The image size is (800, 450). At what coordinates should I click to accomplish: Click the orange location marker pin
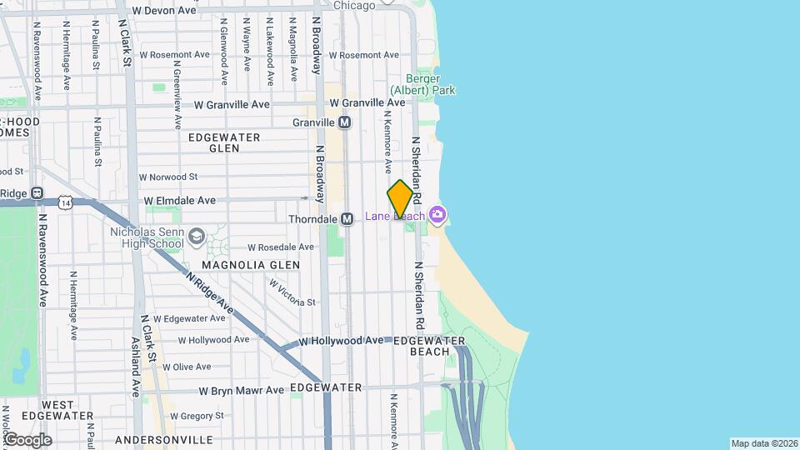pos(401,198)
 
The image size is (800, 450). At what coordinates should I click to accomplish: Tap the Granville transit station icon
pos(344,122)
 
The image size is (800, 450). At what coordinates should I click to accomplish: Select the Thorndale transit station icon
pos(348,219)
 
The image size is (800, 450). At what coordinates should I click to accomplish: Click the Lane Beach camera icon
pos(437,216)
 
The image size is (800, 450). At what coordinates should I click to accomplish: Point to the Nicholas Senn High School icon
pos(196,237)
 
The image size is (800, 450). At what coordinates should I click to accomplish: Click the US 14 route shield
pos(65,202)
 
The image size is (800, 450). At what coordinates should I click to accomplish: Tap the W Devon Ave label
pos(163,11)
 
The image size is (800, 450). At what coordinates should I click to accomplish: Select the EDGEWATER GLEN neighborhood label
pos(224,142)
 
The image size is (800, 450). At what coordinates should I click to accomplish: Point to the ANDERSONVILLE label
pos(164,439)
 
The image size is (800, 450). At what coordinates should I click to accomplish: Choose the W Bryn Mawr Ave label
pos(241,390)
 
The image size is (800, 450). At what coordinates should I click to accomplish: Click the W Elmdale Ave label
pos(179,201)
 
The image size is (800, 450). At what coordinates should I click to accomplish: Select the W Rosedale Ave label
pos(281,247)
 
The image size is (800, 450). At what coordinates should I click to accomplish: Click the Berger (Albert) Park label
pos(423,84)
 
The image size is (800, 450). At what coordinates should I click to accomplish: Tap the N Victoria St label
pos(292,292)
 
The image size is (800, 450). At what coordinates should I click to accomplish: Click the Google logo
pos(27,440)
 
